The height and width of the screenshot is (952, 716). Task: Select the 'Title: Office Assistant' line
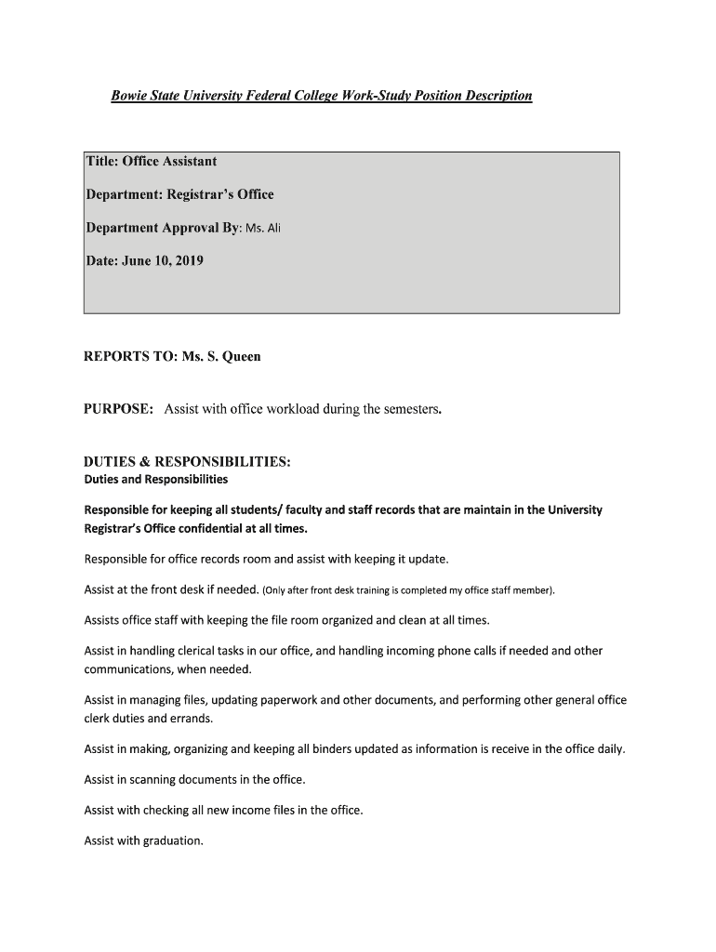click(x=151, y=162)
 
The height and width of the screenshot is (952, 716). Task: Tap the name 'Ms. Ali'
click(x=262, y=229)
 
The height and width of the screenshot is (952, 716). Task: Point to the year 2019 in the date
click(x=187, y=261)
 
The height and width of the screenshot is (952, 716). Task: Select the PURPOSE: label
click(x=118, y=409)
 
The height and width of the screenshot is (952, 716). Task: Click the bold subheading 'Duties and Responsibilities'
click(x=155, y=480)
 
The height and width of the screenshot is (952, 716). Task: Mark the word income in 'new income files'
click(x=249, y=810)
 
